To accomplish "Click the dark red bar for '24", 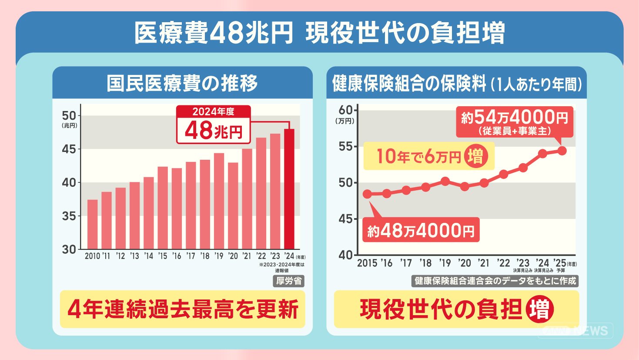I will click(289, 189).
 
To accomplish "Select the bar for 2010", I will click(92, 224).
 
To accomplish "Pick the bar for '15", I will click(163, 208).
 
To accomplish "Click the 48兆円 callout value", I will click(214, 131).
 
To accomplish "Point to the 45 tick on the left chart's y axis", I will click(69, 149).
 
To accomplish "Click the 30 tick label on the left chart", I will click(69, 249).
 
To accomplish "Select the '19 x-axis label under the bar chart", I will click(219, 256).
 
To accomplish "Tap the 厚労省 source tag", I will click(289, 281).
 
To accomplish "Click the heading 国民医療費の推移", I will click(182, 83).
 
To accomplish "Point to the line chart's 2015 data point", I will click(368, 194).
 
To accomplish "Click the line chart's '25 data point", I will click(562, 151).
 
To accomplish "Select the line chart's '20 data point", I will click(465, 186).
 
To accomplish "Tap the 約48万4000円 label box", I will click(421, 230).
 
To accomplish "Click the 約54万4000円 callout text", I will click(515, 118).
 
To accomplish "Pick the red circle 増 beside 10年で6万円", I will click(475, 156).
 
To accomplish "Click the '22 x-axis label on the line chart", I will click(503, 263).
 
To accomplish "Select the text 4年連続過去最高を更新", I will click(183, 310).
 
